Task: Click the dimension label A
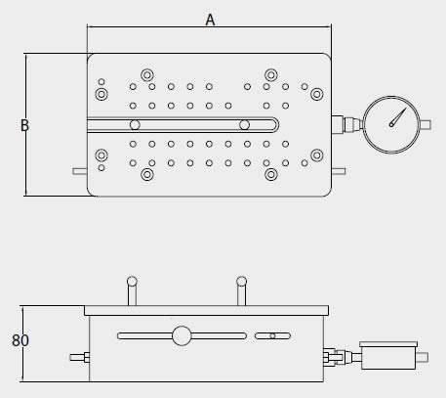pos(210,20)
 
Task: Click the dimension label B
pos(24,125)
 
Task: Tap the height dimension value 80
pos(20,340)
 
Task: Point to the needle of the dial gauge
pos(398,117)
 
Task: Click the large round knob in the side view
pos(182,335)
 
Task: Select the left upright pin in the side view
pos(132,291)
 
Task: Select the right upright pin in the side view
pos(241,291)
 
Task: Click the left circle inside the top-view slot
pos(135,125)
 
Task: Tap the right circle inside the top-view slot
pos(244,125)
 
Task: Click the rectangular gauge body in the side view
pos(388,356)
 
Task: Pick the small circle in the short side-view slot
pos(272,336)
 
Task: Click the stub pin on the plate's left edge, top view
pos(80,171)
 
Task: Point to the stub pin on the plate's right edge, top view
pos(339,171)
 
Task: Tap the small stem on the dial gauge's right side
pos(426,125)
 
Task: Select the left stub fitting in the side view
pos(80,357)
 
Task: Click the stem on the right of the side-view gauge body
pos(423,357)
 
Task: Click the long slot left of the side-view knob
pos(145,335)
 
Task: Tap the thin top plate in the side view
pos(206,311)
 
